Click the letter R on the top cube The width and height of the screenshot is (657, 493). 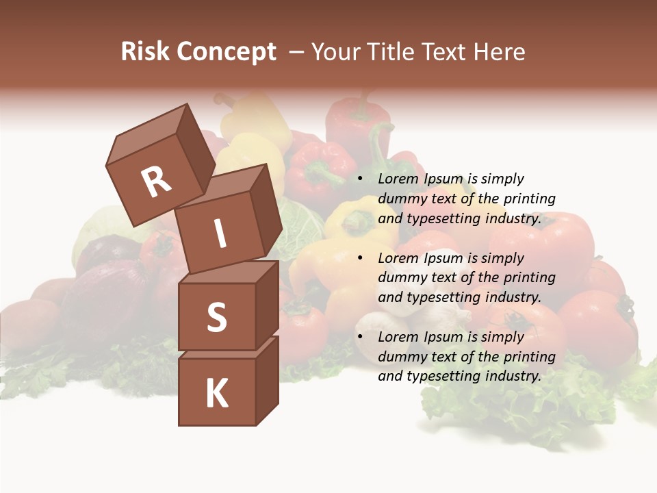pyautogui.click(x=156, y=182)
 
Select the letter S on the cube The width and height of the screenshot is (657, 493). pyautogui.click(x=216, y=318)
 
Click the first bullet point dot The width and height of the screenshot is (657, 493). pyautogui.click(x=360, y=179)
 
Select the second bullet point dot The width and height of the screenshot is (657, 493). pyautogui.click(x=360, y=259)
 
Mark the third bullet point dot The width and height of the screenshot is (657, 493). pyautogui.click(x=360, y=338)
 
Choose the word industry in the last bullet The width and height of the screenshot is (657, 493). pyautogui.click(x=513, y=376)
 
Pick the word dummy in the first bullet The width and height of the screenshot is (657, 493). pyautogui.click(x=400, y=199)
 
